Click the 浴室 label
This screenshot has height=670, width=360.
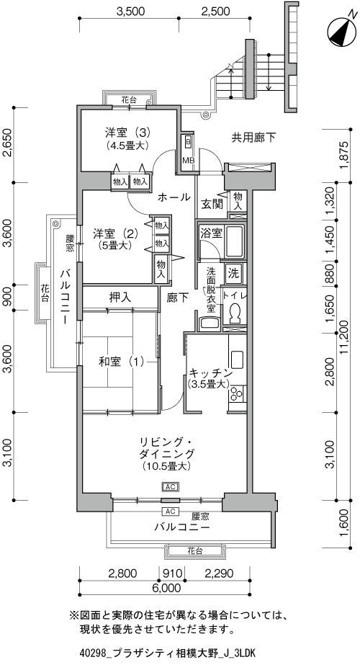(211, 233)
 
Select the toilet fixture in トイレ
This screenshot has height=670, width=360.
(234, 315)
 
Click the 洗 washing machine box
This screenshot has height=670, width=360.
(234, 272)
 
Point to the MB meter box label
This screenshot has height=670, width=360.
(189, 161)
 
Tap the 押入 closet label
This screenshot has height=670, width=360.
(120, 297)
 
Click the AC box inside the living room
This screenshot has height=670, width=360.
(169, 487)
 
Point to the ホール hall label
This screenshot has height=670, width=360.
(174, 197)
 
